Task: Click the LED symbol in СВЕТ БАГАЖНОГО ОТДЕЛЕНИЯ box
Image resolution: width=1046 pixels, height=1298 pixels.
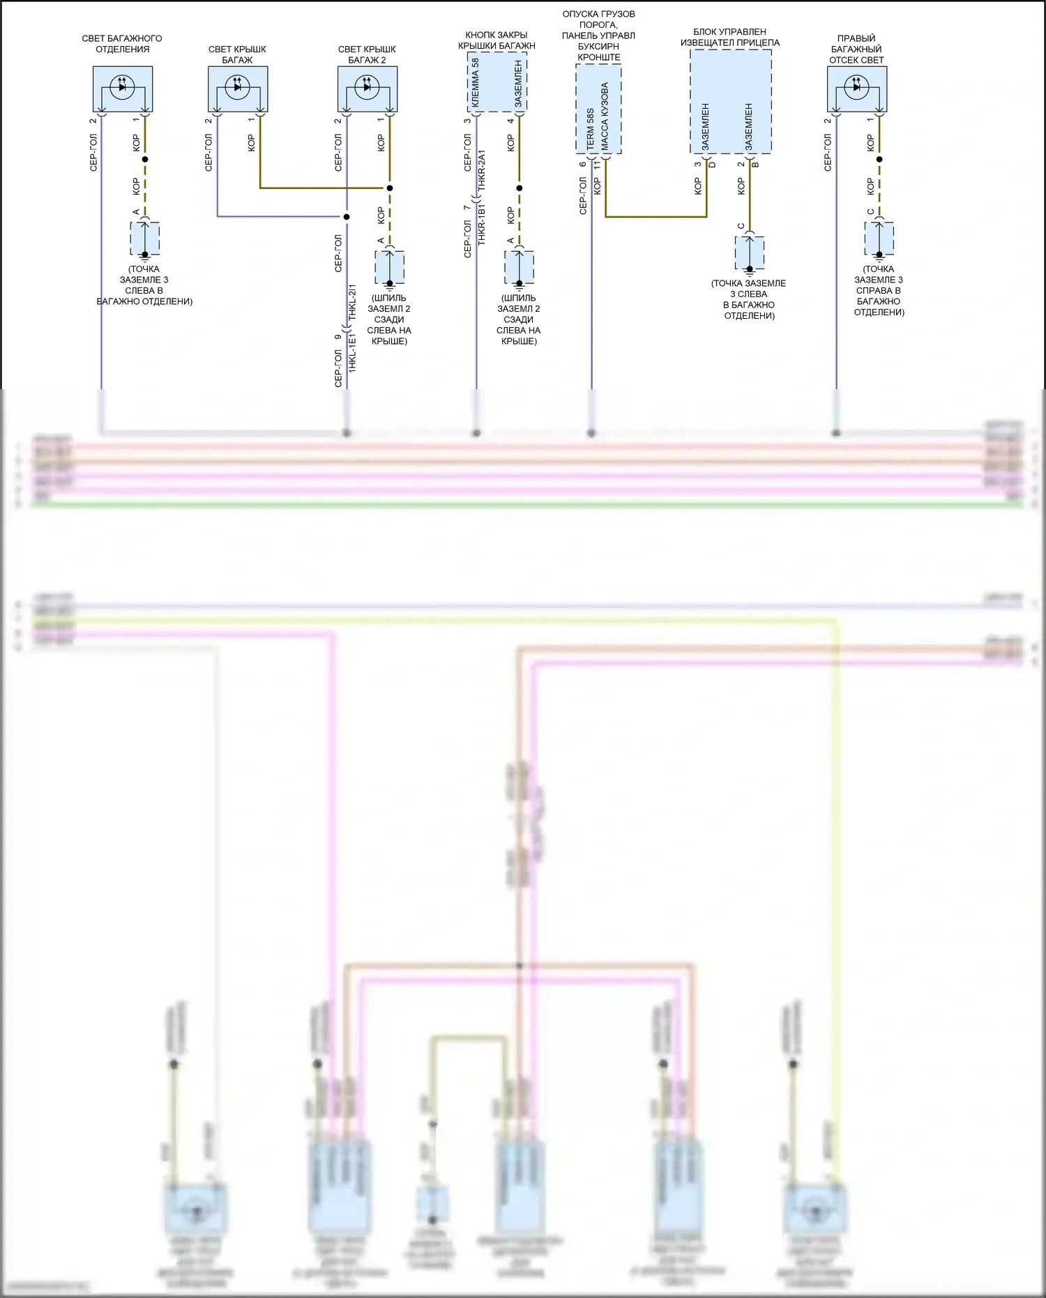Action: click(x=123, y=86)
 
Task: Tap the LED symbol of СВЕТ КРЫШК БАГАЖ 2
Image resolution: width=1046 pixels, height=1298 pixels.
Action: click(x=367, y=86)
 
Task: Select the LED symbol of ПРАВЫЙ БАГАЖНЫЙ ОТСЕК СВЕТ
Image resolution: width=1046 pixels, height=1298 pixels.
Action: click(x=857, y=86)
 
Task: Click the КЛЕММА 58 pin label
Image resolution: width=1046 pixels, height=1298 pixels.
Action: click(x=476, y=83)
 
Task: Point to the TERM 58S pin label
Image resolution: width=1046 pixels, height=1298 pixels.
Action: click(x=591, y=129)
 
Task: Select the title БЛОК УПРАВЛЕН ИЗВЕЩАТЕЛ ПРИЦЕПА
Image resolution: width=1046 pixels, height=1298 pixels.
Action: click(x=730, y=37)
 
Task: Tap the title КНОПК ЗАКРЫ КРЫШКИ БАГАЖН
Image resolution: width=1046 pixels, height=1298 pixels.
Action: click(x=497, y=40)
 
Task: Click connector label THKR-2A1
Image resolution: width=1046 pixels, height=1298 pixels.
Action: click(x=482, y=171)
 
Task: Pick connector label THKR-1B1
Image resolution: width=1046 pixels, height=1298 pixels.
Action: click(x=482, y=225)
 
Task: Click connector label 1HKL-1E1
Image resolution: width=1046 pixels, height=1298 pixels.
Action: click(x=352, y=352)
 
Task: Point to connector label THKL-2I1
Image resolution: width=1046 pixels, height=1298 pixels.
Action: click(x=352, y=302)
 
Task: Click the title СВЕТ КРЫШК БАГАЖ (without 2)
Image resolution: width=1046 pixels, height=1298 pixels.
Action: click(x=237, y=54)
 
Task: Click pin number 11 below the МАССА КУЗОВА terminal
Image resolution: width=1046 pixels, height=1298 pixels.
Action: click(x=597, y=166)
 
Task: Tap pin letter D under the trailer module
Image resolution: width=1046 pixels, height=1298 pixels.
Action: click(x=712, y=165)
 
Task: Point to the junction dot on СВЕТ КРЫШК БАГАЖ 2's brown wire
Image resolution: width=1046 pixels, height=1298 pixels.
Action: click(x=390, y=188)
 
